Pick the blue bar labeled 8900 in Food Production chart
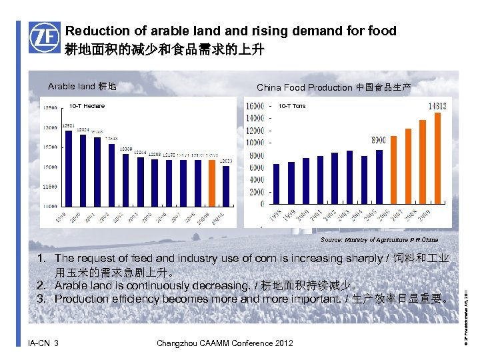point(379,177)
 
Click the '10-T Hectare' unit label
point(87,106)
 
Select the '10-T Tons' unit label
point(292,106)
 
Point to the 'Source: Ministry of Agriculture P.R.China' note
point(379,239)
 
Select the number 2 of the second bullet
point(41,285)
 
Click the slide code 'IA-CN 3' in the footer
point(43,343)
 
